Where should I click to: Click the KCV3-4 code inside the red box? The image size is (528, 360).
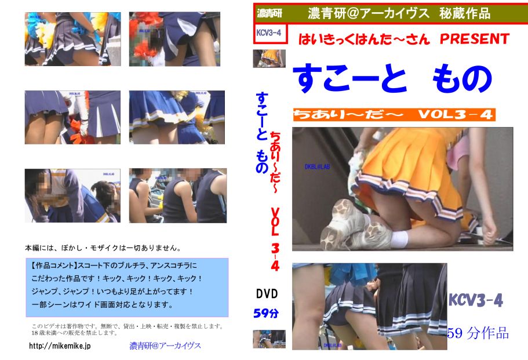coord(269,32)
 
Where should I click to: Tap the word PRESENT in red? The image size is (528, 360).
coord(474,39)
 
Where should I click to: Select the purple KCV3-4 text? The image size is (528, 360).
coord(476,300)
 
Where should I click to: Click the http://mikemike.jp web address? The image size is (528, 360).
coord(60,346)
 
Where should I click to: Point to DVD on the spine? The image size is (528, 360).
coord(267,294)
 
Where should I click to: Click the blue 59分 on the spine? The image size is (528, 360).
coord(266,313)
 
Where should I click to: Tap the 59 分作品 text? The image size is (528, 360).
coord(478,333)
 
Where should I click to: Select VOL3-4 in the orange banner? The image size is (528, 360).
coord(456,115)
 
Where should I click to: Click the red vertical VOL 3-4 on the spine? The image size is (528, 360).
coord(275,239)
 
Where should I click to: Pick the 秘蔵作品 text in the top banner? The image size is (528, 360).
coord(465,13)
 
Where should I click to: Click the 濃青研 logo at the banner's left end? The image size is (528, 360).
coord(270,13)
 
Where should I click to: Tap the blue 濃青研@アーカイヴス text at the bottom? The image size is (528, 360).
coord(165,346)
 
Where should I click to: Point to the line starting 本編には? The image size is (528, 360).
coord(103,248)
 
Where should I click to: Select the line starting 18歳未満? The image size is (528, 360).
coord(74,333)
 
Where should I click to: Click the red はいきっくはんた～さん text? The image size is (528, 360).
coord(364,39)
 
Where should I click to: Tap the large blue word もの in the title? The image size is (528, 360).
coord(462,79)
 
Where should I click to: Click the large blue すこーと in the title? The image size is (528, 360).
coord(349,79)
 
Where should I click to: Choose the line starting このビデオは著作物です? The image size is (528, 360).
coord(127,326)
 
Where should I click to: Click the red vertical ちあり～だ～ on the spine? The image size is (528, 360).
coord(275,162)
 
